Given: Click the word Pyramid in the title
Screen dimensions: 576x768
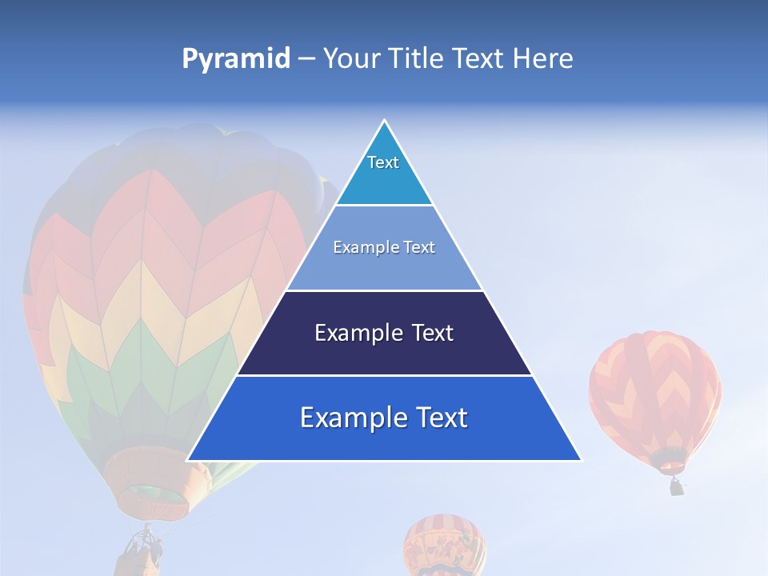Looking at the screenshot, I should point(236,59).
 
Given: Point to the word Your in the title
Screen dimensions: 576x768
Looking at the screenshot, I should point(351,59).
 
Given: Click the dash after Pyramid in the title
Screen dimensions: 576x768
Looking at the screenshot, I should point(306,59).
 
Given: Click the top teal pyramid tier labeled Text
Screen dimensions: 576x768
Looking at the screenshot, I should point(384,172).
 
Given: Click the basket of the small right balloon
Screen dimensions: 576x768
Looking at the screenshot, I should point(677,486).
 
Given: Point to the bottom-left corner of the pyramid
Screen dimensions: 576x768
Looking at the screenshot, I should point(187,461).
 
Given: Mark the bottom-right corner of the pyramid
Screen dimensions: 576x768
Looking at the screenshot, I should point(582,461).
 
